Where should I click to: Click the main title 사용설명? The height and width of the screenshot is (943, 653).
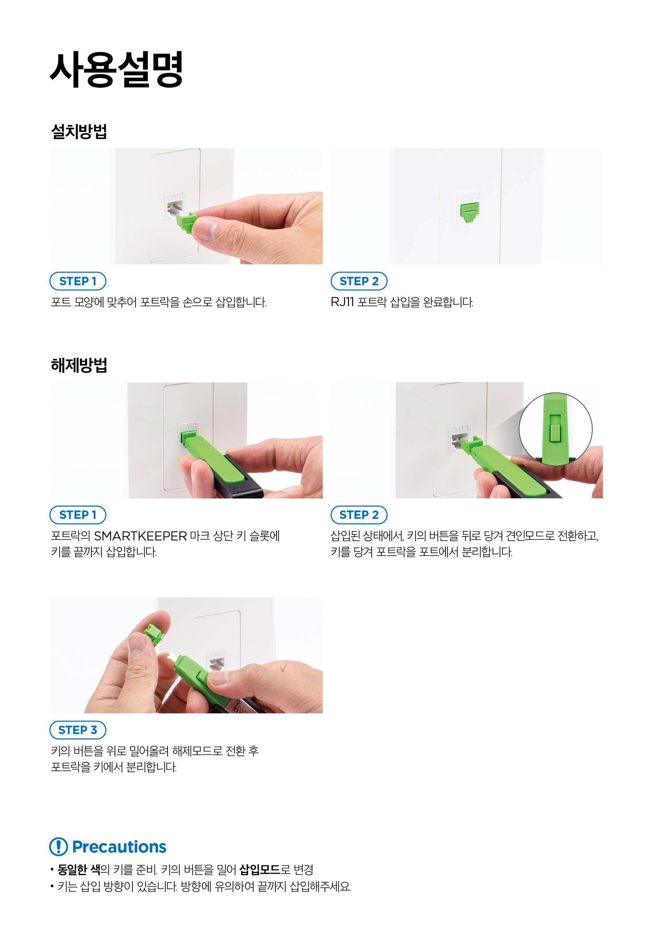click(x=116, y=70)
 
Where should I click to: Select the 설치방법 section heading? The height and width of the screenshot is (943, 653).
click(x=79, y=131)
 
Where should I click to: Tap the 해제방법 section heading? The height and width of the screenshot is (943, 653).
click(x=79, y=365)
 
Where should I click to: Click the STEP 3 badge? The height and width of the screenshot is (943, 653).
click(x=78, y=730)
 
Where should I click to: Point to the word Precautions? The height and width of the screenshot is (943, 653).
click(x=119, y=847)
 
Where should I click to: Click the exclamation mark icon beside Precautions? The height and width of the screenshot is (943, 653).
click(x=59, y=847)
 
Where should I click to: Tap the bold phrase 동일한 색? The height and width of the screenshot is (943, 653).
click(x=79, y=870)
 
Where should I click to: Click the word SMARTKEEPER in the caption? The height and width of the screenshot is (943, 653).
click(x=140, y=536)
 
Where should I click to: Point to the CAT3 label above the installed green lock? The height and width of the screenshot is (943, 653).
click(x=470, y=197)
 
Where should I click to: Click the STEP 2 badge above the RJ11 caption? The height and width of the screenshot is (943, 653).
click(x=359, y=281)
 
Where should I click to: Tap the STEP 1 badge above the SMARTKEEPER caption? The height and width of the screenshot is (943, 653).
click(x=78, y=515)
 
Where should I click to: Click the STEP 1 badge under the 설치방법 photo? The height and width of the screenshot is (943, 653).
click(x=78, y=281)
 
